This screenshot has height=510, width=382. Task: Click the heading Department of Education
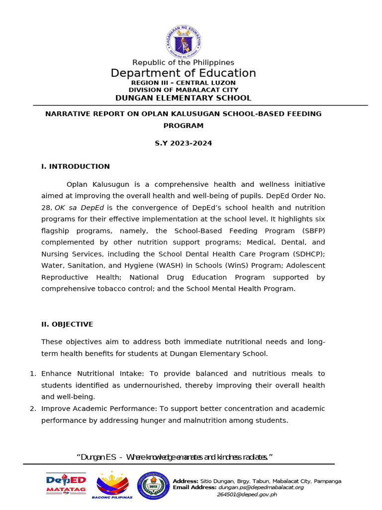point(183,73)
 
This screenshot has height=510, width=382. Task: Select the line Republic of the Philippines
point(183,62)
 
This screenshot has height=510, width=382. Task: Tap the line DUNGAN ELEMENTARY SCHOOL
point(183,98)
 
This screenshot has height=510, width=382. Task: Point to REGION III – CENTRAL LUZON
point(183,83)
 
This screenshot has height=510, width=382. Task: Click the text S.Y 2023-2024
point(183,143)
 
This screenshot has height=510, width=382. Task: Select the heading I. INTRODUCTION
point(76,166)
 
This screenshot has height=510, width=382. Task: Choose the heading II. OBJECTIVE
point(67,324)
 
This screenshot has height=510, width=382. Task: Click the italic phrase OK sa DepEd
point(79,208)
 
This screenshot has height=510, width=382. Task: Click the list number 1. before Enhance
point(33,374)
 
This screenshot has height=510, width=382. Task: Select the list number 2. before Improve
point(33,409)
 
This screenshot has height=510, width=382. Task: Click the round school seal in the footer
point(153,486)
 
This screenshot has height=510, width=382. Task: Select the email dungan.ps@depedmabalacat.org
point(261,488)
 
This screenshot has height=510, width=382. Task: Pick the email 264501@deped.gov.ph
point(247,495)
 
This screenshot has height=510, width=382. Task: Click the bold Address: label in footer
point(186,481)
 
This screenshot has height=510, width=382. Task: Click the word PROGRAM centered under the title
point(183,126)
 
